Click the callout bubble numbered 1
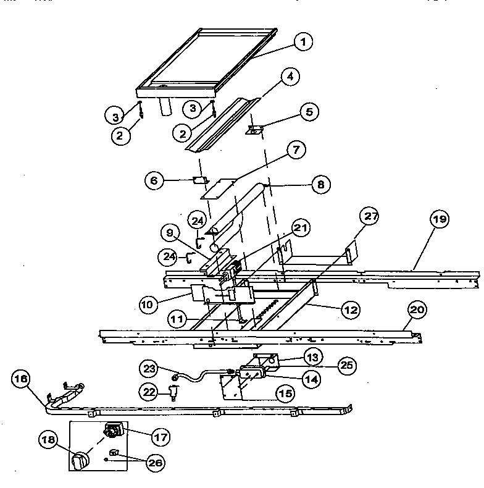302,42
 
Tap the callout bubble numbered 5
309,112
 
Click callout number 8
320,184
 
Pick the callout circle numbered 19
441,220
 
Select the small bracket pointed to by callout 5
255,130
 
